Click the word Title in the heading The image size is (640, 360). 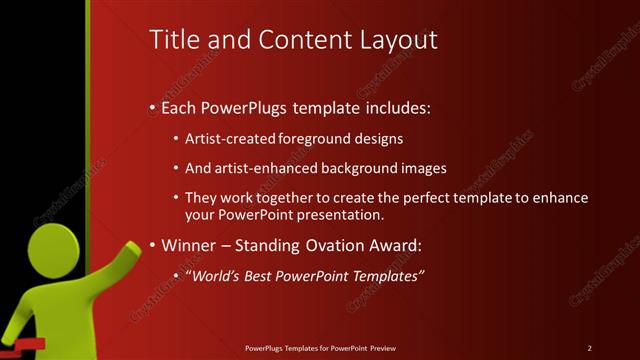tap(171, 40)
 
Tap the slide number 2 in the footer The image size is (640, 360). tap(589, 347)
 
